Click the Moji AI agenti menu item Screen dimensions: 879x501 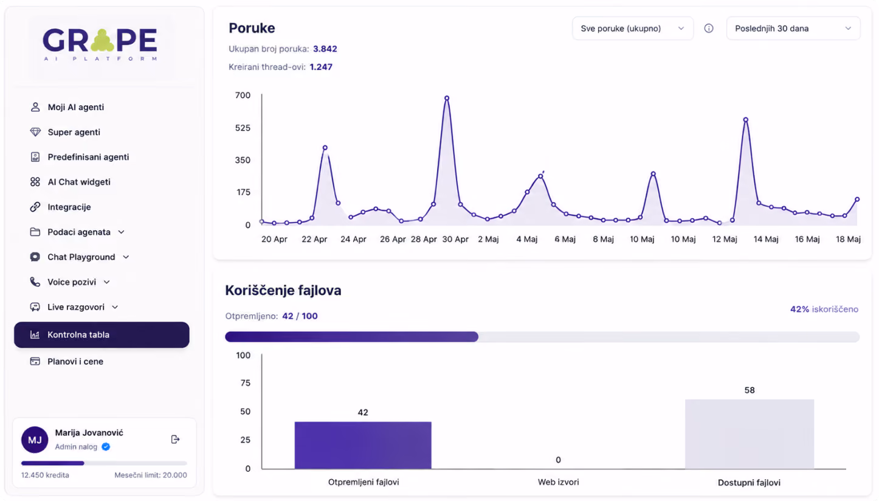(x=67, y=107)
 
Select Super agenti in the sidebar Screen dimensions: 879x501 (x=65, y=133)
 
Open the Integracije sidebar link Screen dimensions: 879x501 (x=60, y=207)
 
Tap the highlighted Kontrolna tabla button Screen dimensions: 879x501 (x=102, y=335)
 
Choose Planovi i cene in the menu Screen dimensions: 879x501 (x=67, y=362)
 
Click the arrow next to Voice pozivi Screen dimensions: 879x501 (x=107, y=282)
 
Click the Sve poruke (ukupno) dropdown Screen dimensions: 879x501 (x=633, y=28)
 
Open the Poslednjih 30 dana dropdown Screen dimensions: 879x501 (x=793, y=28)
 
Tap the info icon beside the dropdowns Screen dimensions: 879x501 (x=709, y=28)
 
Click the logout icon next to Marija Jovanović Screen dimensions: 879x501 (x=176, y=440)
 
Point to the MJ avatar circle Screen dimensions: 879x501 (x=35, y=440)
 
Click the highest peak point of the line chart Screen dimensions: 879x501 (x=447, y=98)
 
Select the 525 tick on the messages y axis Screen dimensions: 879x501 (x=243, y=128)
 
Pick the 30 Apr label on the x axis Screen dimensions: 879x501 (x=455, y=239)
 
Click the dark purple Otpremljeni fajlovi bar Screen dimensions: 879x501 (x=363, y=445)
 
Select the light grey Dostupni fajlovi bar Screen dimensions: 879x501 (x=750, y=434)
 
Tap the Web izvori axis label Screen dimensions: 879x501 (x=558, y=482)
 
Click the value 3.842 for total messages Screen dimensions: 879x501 (x=325, y=49)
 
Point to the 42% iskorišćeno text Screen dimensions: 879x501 (x=824, y=309)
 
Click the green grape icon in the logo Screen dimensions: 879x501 (x=102, y=41)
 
